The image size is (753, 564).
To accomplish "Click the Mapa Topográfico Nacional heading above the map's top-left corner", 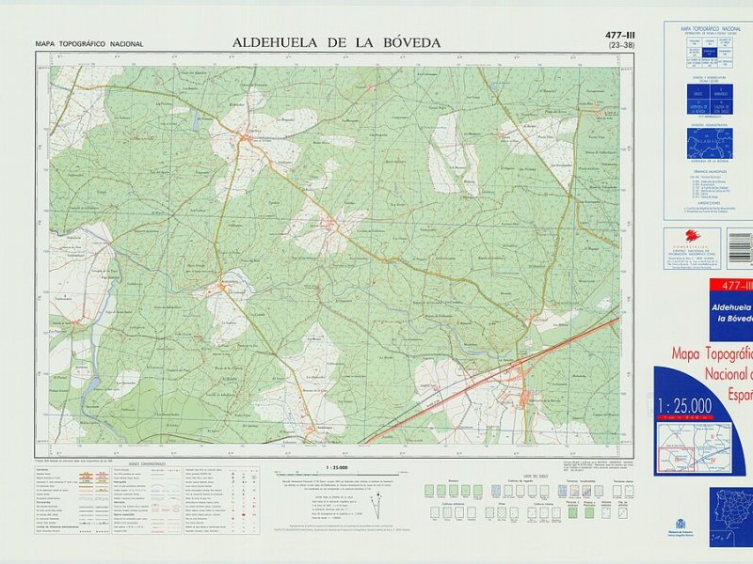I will [x=88, y=44].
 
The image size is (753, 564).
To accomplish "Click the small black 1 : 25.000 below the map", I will [x=336, y=467].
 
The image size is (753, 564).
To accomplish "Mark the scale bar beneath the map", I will [x=336, y=474].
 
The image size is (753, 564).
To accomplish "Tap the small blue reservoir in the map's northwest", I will [x=197, y=122].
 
